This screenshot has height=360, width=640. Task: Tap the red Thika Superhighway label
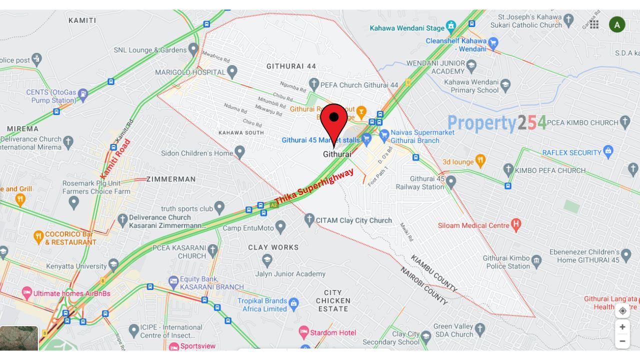314,186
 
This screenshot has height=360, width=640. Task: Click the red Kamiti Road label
115,158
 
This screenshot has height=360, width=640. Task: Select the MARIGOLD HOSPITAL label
190,72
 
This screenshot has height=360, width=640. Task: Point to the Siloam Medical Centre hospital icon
516,225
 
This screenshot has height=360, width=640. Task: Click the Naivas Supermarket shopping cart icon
384,134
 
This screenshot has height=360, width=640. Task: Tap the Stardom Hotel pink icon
303,332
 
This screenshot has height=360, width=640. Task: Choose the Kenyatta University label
76,266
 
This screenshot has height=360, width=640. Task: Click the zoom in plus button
622,327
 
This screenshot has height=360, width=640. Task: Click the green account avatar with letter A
617,24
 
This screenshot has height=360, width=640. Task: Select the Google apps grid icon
594,24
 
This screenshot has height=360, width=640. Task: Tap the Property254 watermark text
496,123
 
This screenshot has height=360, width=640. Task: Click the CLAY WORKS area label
273,247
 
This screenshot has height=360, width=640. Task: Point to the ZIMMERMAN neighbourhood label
171,179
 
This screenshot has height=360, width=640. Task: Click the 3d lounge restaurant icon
480,161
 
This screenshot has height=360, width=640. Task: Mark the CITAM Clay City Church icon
309,220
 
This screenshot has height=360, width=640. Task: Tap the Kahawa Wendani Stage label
407,28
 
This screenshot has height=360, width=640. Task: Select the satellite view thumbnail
19,338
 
